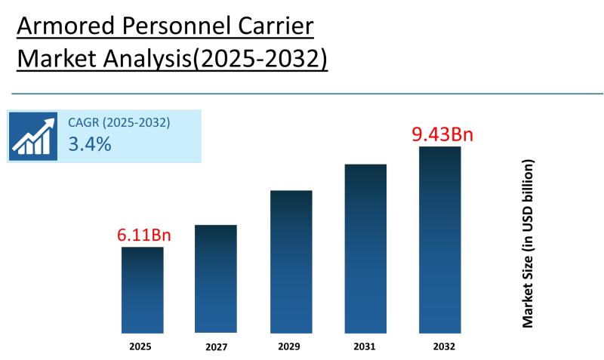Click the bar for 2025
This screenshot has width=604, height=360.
[142, 290]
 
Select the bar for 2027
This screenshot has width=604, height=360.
[215, 278]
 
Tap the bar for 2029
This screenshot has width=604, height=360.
[291, 261]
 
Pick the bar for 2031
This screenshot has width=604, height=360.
[365, 248]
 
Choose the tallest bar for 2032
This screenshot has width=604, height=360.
[439, 239]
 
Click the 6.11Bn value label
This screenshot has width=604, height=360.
[143, 235]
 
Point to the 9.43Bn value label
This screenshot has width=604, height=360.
[442, 135]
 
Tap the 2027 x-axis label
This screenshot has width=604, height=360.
[216, 347]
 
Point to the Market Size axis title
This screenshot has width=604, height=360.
[528, 243]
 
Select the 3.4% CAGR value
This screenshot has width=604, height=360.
[90, 143]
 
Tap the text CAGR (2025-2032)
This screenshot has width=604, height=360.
[119, 122]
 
